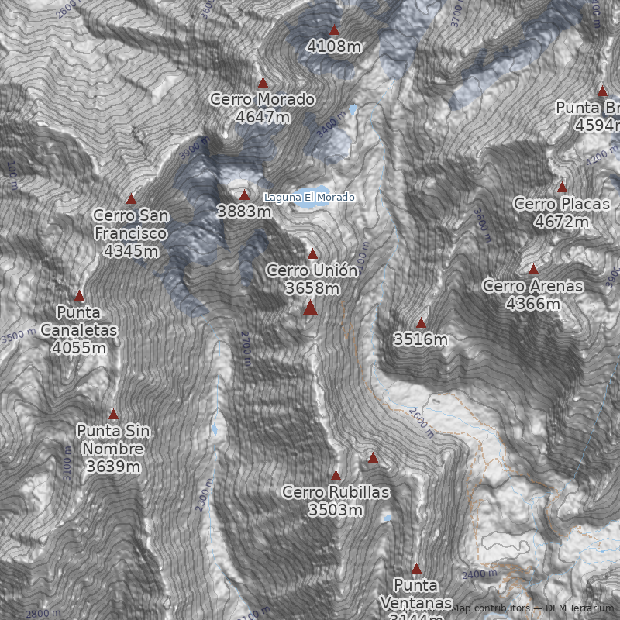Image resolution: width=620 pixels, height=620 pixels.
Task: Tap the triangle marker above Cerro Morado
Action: (x=263, y=83)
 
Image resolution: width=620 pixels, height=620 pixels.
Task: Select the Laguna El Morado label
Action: (x=309, y=198)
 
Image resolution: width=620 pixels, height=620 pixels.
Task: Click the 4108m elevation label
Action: (x=334, y=46)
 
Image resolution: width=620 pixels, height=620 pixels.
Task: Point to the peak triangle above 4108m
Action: (x=334, y=31)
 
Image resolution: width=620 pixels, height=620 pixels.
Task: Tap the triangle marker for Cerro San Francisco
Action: (x=131, y=199)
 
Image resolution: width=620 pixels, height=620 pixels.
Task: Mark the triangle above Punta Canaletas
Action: (x=79, y=296)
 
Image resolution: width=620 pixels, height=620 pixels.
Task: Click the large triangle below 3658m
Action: (x=311, y=308)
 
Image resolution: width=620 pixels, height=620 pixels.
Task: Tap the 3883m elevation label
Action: (x=244, y=211)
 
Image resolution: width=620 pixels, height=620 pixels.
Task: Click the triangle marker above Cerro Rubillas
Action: (x=336, y=476)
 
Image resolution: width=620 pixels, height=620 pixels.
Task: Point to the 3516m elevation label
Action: (x=421, y=339)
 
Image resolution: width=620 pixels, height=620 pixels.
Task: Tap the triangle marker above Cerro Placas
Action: (x=562, y=188)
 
